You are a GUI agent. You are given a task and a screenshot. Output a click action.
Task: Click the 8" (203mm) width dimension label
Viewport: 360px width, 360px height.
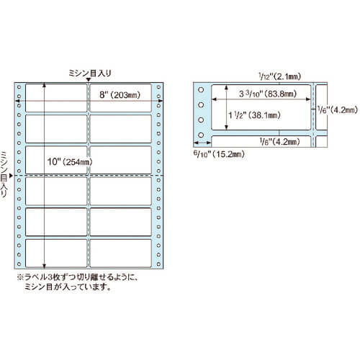click(120, 95)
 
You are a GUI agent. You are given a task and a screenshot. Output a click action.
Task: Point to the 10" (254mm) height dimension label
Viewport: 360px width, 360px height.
click(70, 162)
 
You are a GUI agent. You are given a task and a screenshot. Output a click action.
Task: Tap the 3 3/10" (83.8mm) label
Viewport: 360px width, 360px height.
click(268, 94)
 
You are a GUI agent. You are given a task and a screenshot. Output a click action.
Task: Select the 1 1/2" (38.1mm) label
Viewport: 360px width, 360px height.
click(254, 115)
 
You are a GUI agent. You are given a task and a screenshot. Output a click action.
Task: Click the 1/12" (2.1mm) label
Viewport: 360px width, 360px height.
click(279, 76)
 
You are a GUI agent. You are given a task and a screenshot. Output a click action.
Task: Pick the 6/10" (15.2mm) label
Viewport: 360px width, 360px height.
click(219, 154)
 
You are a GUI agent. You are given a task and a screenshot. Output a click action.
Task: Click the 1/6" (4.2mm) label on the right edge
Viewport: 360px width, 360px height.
click(338, 110)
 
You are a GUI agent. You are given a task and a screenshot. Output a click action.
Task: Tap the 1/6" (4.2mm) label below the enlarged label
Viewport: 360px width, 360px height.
click(279, 142)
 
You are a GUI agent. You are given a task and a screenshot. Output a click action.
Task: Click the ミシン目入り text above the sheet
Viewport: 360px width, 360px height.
click(90, 73)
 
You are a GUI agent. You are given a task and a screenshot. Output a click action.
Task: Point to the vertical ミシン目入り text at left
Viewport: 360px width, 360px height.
click(4, 174)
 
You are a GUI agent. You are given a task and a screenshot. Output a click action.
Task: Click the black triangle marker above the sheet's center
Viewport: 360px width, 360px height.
click(89, 80)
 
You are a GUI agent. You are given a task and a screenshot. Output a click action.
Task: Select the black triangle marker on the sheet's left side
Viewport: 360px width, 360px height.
click(11, 176)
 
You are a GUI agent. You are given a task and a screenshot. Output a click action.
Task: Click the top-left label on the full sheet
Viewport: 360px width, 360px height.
click(56, 98)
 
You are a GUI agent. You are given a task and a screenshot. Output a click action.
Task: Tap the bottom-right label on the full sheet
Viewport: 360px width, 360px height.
click(121, 253)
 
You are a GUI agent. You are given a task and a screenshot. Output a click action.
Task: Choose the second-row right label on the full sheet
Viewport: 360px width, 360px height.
click(121, 129)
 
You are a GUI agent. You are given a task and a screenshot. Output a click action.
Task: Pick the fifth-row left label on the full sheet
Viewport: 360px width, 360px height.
click(56, 222)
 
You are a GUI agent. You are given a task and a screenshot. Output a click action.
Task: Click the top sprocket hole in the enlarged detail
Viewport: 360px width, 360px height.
click(201, 90)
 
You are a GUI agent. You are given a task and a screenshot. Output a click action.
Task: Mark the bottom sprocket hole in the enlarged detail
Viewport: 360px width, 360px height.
click(201, 135)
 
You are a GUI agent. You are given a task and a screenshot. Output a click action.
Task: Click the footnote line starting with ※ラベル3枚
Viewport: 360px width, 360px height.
click(78, 277)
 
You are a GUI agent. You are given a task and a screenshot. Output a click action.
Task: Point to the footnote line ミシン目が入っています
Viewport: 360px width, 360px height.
click(68, 287)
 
